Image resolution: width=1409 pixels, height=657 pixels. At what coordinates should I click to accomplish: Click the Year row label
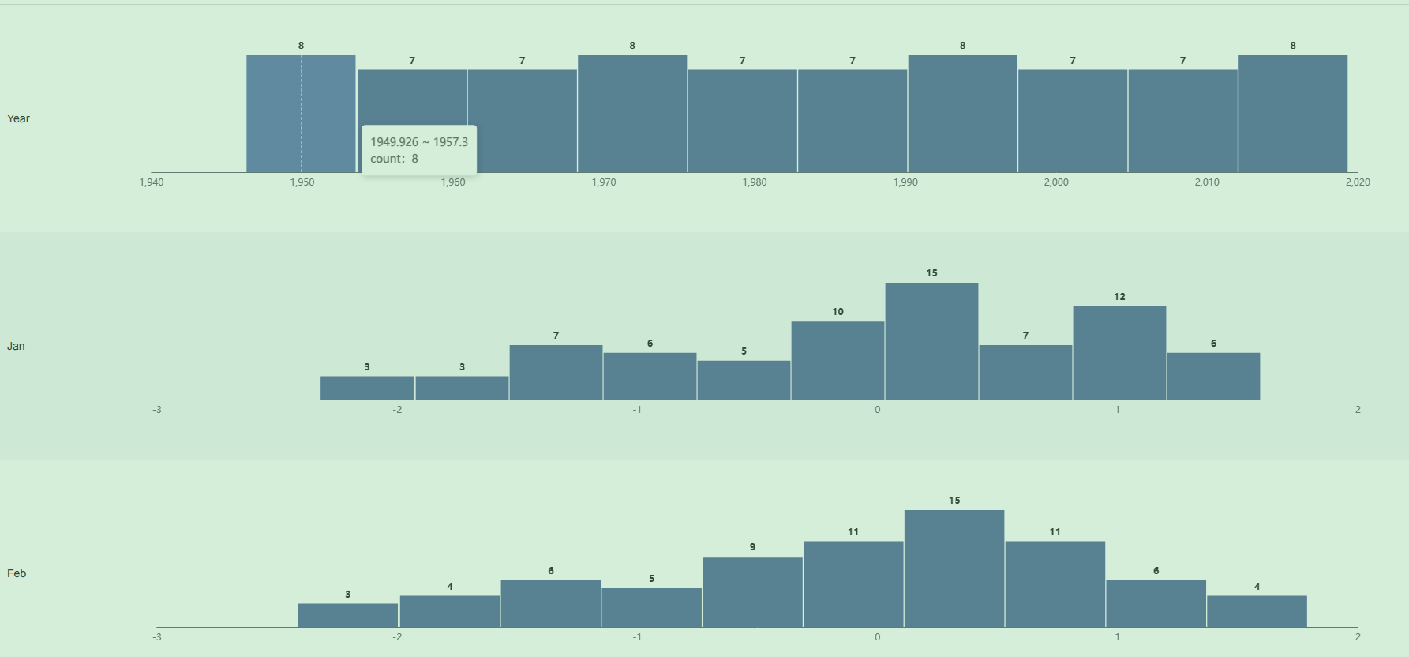tap(18, 118)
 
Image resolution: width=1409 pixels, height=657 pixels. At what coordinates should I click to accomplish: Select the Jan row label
tap(16, 346)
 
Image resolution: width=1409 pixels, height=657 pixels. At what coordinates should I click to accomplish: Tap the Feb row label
tap(17, 573)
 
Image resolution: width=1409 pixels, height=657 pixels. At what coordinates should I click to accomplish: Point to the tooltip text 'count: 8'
tap(395, 159)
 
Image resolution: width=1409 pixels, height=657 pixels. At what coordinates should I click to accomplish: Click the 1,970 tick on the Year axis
tap(604, 182)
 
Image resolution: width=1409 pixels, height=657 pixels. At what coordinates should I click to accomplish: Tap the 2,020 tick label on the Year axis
tap(1358, 182)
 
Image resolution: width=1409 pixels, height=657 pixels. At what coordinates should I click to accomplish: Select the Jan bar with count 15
tap(931, 341)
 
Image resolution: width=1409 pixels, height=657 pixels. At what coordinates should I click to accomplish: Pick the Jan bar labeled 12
tap(1119, 353)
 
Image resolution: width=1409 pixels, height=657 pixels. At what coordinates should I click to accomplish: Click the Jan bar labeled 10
tap(838, 361)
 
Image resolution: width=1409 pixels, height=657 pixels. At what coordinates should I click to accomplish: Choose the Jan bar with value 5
tap(744, 381)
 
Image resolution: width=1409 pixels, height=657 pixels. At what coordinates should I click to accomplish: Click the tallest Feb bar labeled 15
tap(954, 569)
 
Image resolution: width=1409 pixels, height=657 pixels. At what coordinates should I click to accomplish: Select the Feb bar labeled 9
tap(752, 592)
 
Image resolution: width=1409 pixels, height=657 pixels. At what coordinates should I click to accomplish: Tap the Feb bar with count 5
tap(651, 608)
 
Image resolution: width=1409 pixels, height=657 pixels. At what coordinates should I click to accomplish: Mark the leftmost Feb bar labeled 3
tap(347, 616)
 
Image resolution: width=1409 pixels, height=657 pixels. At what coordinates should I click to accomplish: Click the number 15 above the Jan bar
tap(931, 273)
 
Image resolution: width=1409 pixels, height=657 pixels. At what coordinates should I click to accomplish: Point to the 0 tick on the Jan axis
tap(877, 410)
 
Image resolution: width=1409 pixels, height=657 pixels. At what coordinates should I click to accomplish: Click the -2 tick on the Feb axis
tap(397, 637)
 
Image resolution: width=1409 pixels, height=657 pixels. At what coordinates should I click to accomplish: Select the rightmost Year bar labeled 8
tap(1293, 114)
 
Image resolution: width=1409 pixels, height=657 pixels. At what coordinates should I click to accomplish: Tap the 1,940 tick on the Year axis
tap(152, 182)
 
